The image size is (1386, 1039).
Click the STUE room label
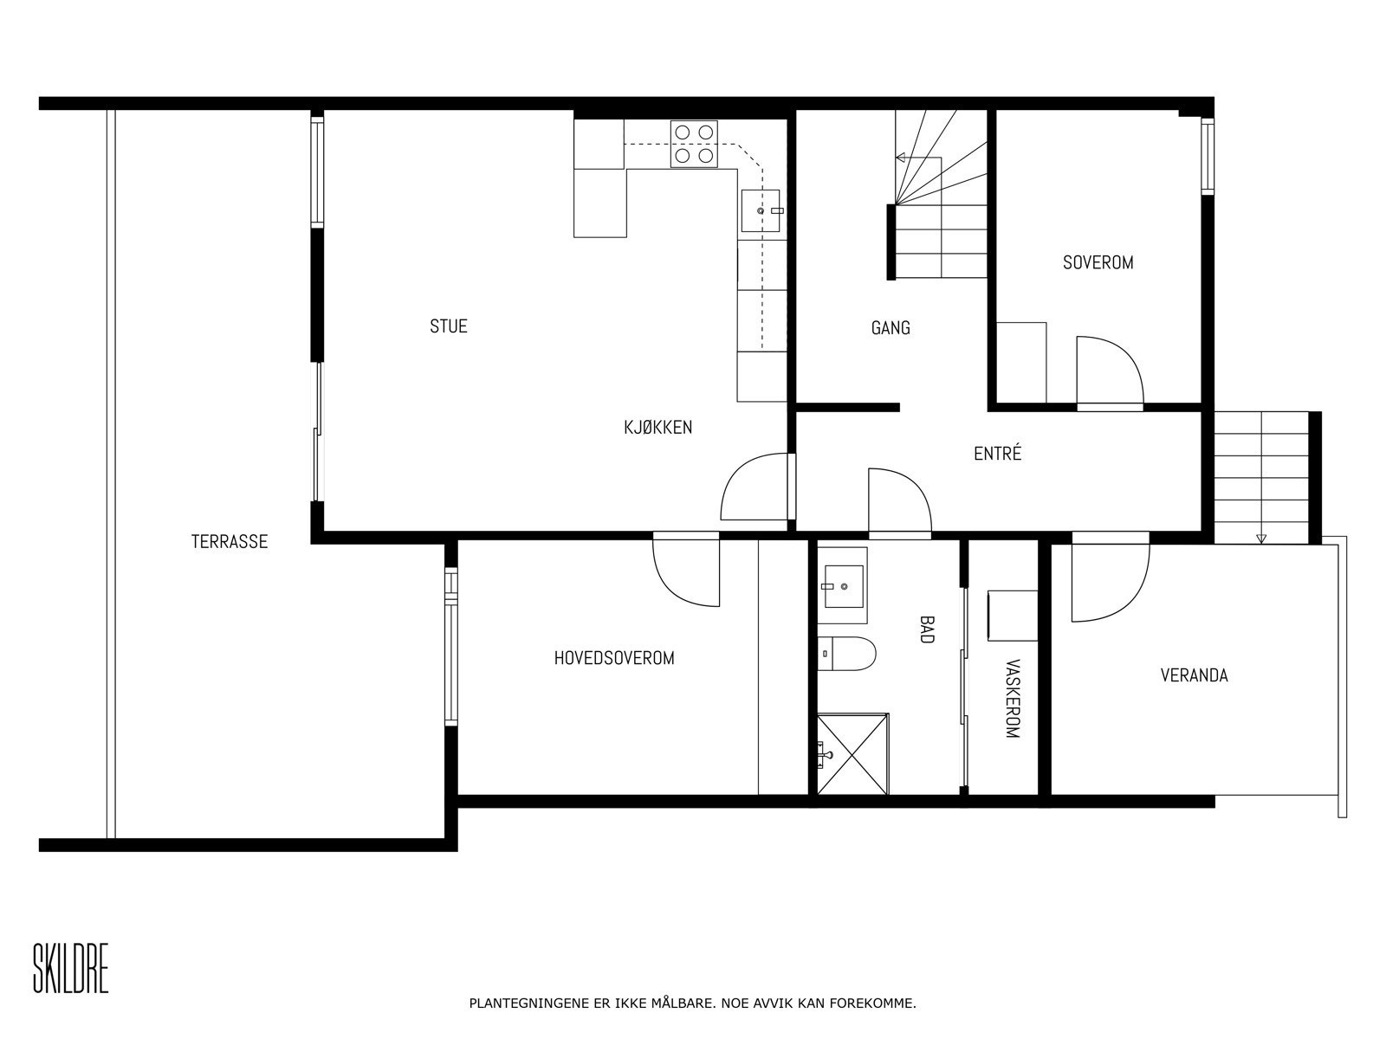click(x=449, y=326)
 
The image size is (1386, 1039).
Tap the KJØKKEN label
click(x=658, y=427)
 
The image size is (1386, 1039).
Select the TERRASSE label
click(x=230, y=542)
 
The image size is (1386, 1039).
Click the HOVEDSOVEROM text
click(x=614, y=658)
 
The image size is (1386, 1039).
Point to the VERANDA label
click(x=1194, y=675)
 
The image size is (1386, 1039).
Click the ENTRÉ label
click(x=998, y=454)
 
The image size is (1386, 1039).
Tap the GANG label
click(x=891, y=328)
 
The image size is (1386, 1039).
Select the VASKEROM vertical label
click(x=1012, y=699)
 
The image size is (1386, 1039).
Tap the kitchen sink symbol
click(x=761, y=211)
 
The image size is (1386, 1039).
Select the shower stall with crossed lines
click(x=852, y=752)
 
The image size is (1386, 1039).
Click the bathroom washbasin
click(x=841, y=585)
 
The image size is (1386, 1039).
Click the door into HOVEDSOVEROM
click(x=686, y=571)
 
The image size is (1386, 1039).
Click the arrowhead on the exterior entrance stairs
click(x=1260, y=539)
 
